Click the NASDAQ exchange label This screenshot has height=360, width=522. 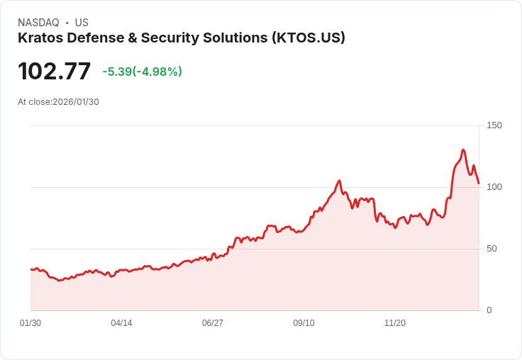38,23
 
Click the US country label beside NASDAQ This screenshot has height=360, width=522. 82,23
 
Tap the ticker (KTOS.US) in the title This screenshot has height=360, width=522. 308,38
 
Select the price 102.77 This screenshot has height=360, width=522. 55,72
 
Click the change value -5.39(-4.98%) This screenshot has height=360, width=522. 142,72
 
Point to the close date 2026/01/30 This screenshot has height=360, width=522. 76,102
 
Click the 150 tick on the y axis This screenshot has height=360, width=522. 494,125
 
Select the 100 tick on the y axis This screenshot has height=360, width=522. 494,187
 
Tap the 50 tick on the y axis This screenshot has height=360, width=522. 492,249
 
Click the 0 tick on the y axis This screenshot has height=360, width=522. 489,310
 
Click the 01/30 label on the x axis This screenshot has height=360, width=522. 30,323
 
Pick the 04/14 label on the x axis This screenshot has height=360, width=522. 121,323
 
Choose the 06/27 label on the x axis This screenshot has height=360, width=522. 213,323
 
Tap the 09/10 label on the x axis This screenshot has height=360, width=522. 304,323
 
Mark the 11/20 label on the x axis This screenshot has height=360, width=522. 395,323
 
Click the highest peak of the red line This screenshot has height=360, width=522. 463,150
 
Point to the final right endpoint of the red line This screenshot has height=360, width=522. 479,184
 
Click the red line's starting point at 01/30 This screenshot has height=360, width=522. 31,269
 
